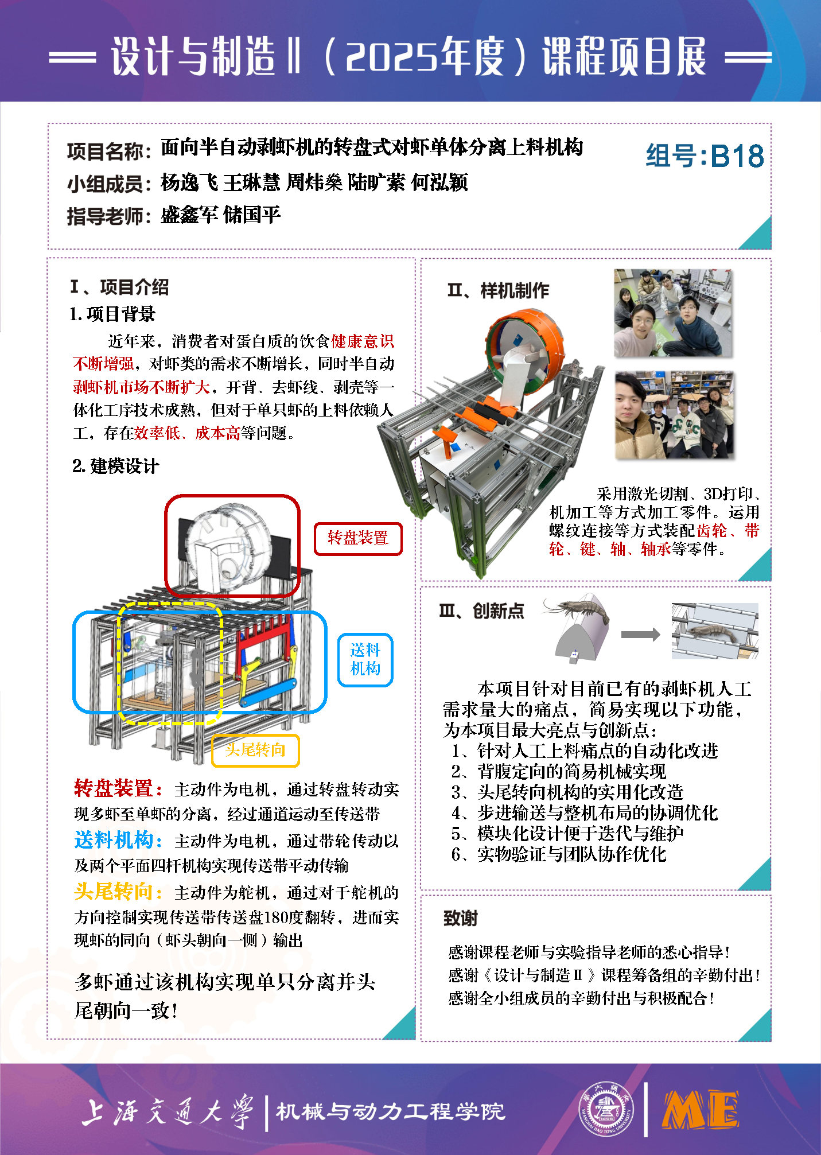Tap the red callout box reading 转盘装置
click(358, 538)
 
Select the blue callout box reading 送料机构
click(365, 660)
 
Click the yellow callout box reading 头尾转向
click(255, 750)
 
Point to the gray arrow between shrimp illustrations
click(640, 634)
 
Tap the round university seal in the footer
click(606, 1109)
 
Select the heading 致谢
click(460, 918)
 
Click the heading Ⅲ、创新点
click(481, 611)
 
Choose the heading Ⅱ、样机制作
click(498, 291)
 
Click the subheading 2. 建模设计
click(115, 466)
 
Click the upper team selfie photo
click(673, 313)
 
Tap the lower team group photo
click(674, 414)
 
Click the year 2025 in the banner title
click(386, 57)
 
